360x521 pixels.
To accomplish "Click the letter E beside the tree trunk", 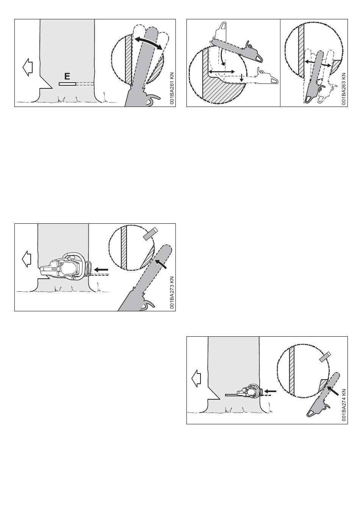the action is coord(67,76).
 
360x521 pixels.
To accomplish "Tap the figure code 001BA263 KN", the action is coord(344,89).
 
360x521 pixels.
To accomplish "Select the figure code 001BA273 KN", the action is coord(172,292).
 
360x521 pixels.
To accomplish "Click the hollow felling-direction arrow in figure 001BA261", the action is coord(28,67).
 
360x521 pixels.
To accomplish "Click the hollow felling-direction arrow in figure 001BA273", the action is coord(27,259).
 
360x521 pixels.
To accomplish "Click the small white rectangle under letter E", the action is coord(67,84).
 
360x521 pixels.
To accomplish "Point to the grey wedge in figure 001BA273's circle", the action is coord(150,234).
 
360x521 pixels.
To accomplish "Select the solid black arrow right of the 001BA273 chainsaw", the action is coord(101,270).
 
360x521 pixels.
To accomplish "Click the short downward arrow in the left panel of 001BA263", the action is coord(242,78).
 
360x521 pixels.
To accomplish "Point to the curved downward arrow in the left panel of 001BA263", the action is coord(223,58).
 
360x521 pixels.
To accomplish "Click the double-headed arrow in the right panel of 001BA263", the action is coord(318,63).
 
